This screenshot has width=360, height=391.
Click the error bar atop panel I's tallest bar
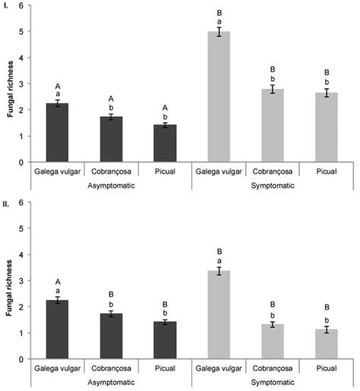[219, 32]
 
